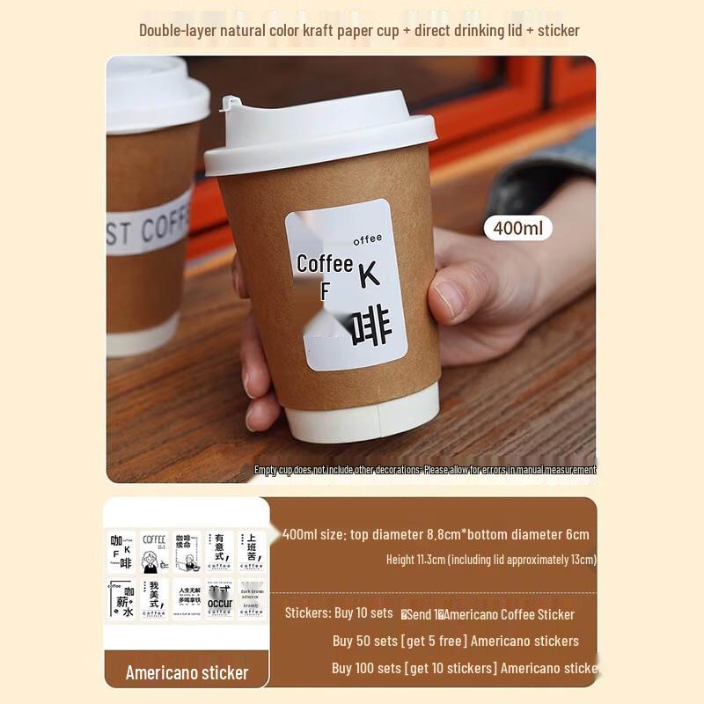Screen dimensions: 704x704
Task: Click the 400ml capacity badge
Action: (518, 228)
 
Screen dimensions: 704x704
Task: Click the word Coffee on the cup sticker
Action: (325, 263)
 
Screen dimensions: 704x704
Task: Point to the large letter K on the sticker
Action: (370, 275)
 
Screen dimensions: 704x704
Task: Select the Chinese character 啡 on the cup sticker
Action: (368, 327)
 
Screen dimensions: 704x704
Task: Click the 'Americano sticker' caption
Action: (187, 673)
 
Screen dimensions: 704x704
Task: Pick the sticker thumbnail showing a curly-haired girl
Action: (154, 551)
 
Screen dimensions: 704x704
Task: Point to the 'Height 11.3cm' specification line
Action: (491, 560)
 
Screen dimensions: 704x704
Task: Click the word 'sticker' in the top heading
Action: (559, 30)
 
